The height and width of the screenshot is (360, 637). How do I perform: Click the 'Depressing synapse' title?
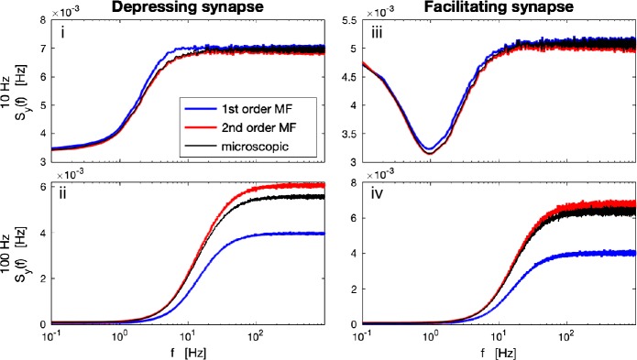(x=173, y=8)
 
